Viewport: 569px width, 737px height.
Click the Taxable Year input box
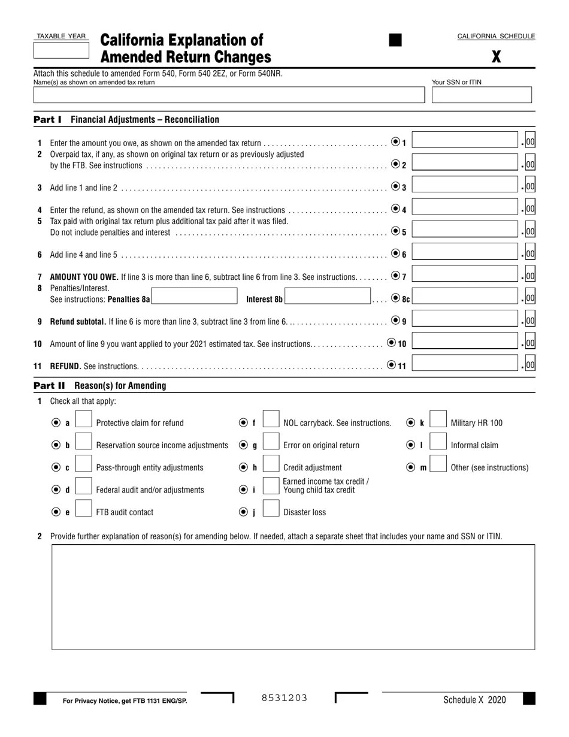point(61,50)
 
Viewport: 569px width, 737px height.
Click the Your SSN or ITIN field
point(482,95)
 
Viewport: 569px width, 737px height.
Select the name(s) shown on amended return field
point(229,95)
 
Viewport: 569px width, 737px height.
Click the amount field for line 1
point(465,141)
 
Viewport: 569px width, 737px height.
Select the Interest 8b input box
point(327,297)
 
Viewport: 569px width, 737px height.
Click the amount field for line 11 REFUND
point(465,364)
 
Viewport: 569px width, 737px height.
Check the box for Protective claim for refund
point(83,422)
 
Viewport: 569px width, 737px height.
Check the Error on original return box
point(271,445)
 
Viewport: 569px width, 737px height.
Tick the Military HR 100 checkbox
point(438,422)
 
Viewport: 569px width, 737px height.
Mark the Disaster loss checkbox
point(271,512)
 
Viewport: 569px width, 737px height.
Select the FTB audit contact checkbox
point(83,512)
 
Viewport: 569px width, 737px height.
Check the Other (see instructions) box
point(438,467)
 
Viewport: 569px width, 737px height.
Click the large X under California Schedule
point(496,58)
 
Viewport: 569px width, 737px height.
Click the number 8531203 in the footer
point(284,698)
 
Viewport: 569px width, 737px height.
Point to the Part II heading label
point(49,386)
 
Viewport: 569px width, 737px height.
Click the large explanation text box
point(293,597)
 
